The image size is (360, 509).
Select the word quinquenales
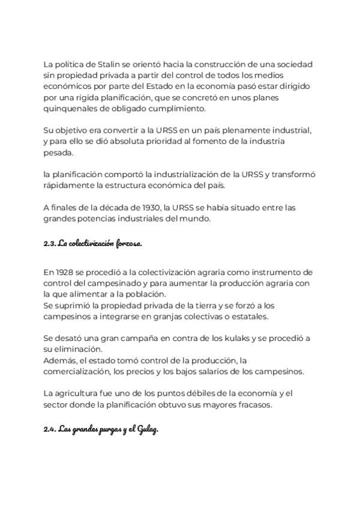coord(68,109)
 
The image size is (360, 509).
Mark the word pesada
coord(58,152)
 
